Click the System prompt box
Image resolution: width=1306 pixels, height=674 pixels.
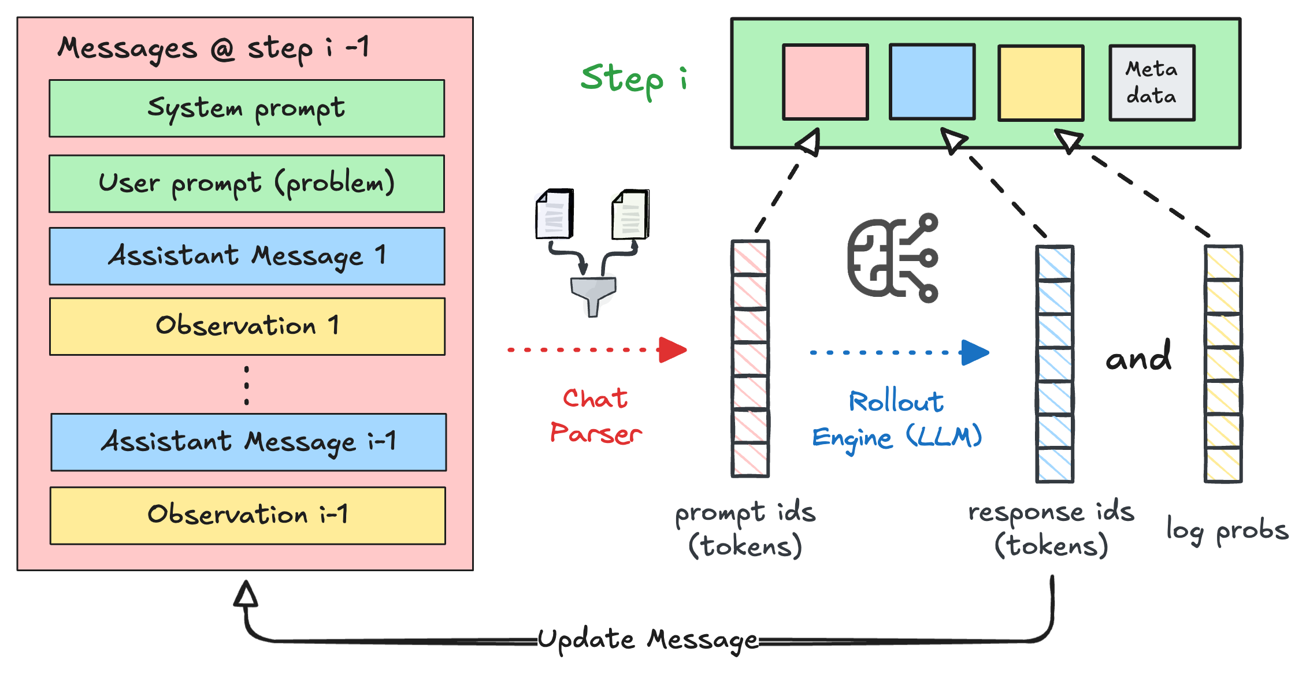pos(247,109)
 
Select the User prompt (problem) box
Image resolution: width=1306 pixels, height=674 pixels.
pos(247,184)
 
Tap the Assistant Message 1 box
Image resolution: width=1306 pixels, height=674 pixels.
pos(247,256)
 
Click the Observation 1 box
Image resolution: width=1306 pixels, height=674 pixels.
pos(247,326)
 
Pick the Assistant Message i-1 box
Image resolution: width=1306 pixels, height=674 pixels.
pos(248,442)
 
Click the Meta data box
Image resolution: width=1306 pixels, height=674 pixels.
pos(1151,83)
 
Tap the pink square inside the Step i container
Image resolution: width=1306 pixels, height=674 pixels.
pos(825,82)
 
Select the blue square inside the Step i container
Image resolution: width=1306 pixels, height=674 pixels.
pos(932,82)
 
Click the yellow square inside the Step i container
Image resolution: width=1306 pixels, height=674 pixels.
pos(1040,83)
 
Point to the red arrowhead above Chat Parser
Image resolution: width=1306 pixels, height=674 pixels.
pos(671,350)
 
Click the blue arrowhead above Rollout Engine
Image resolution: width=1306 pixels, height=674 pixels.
pos(974,352)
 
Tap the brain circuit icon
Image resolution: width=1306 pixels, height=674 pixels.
pos(892,258)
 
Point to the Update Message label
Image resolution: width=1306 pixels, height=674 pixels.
pos(647,640)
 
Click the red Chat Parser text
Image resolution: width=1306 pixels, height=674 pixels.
pos(596,416)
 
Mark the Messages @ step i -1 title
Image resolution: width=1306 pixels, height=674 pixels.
pos(213,49)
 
